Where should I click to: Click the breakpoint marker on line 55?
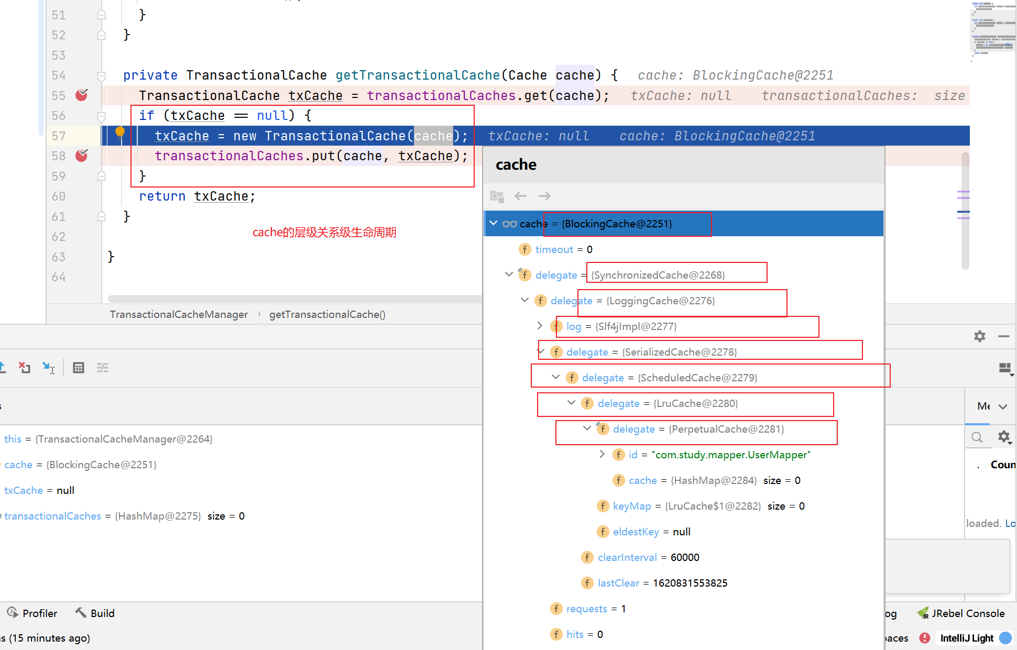tap(82, 95)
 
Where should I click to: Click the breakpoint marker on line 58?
tap(82, 155)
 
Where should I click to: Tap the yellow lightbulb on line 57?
tap(120, 132)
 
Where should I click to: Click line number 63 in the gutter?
tap(59, 257)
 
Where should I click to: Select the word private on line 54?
tap(150, 75)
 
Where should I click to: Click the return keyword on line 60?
tap(162, 196)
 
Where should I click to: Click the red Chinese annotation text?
tap(324, 232)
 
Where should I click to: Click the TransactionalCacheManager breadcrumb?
tap(179, 314)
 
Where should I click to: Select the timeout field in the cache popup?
tap(554, 249)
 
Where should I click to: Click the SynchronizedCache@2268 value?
tap(658, 275)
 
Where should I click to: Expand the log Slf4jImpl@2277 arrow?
tap(540, 326)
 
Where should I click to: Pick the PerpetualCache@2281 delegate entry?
tap(698, 429)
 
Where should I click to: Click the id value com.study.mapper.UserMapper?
tap(731, 455)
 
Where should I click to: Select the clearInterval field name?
tap(627, 557)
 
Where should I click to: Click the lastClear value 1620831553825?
tap(690, 583)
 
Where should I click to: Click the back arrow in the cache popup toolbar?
tap(520, 196)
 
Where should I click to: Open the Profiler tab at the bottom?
tap(32, 613)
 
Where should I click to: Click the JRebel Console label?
tap(968, 613)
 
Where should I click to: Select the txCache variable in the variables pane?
tap(24, 490)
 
